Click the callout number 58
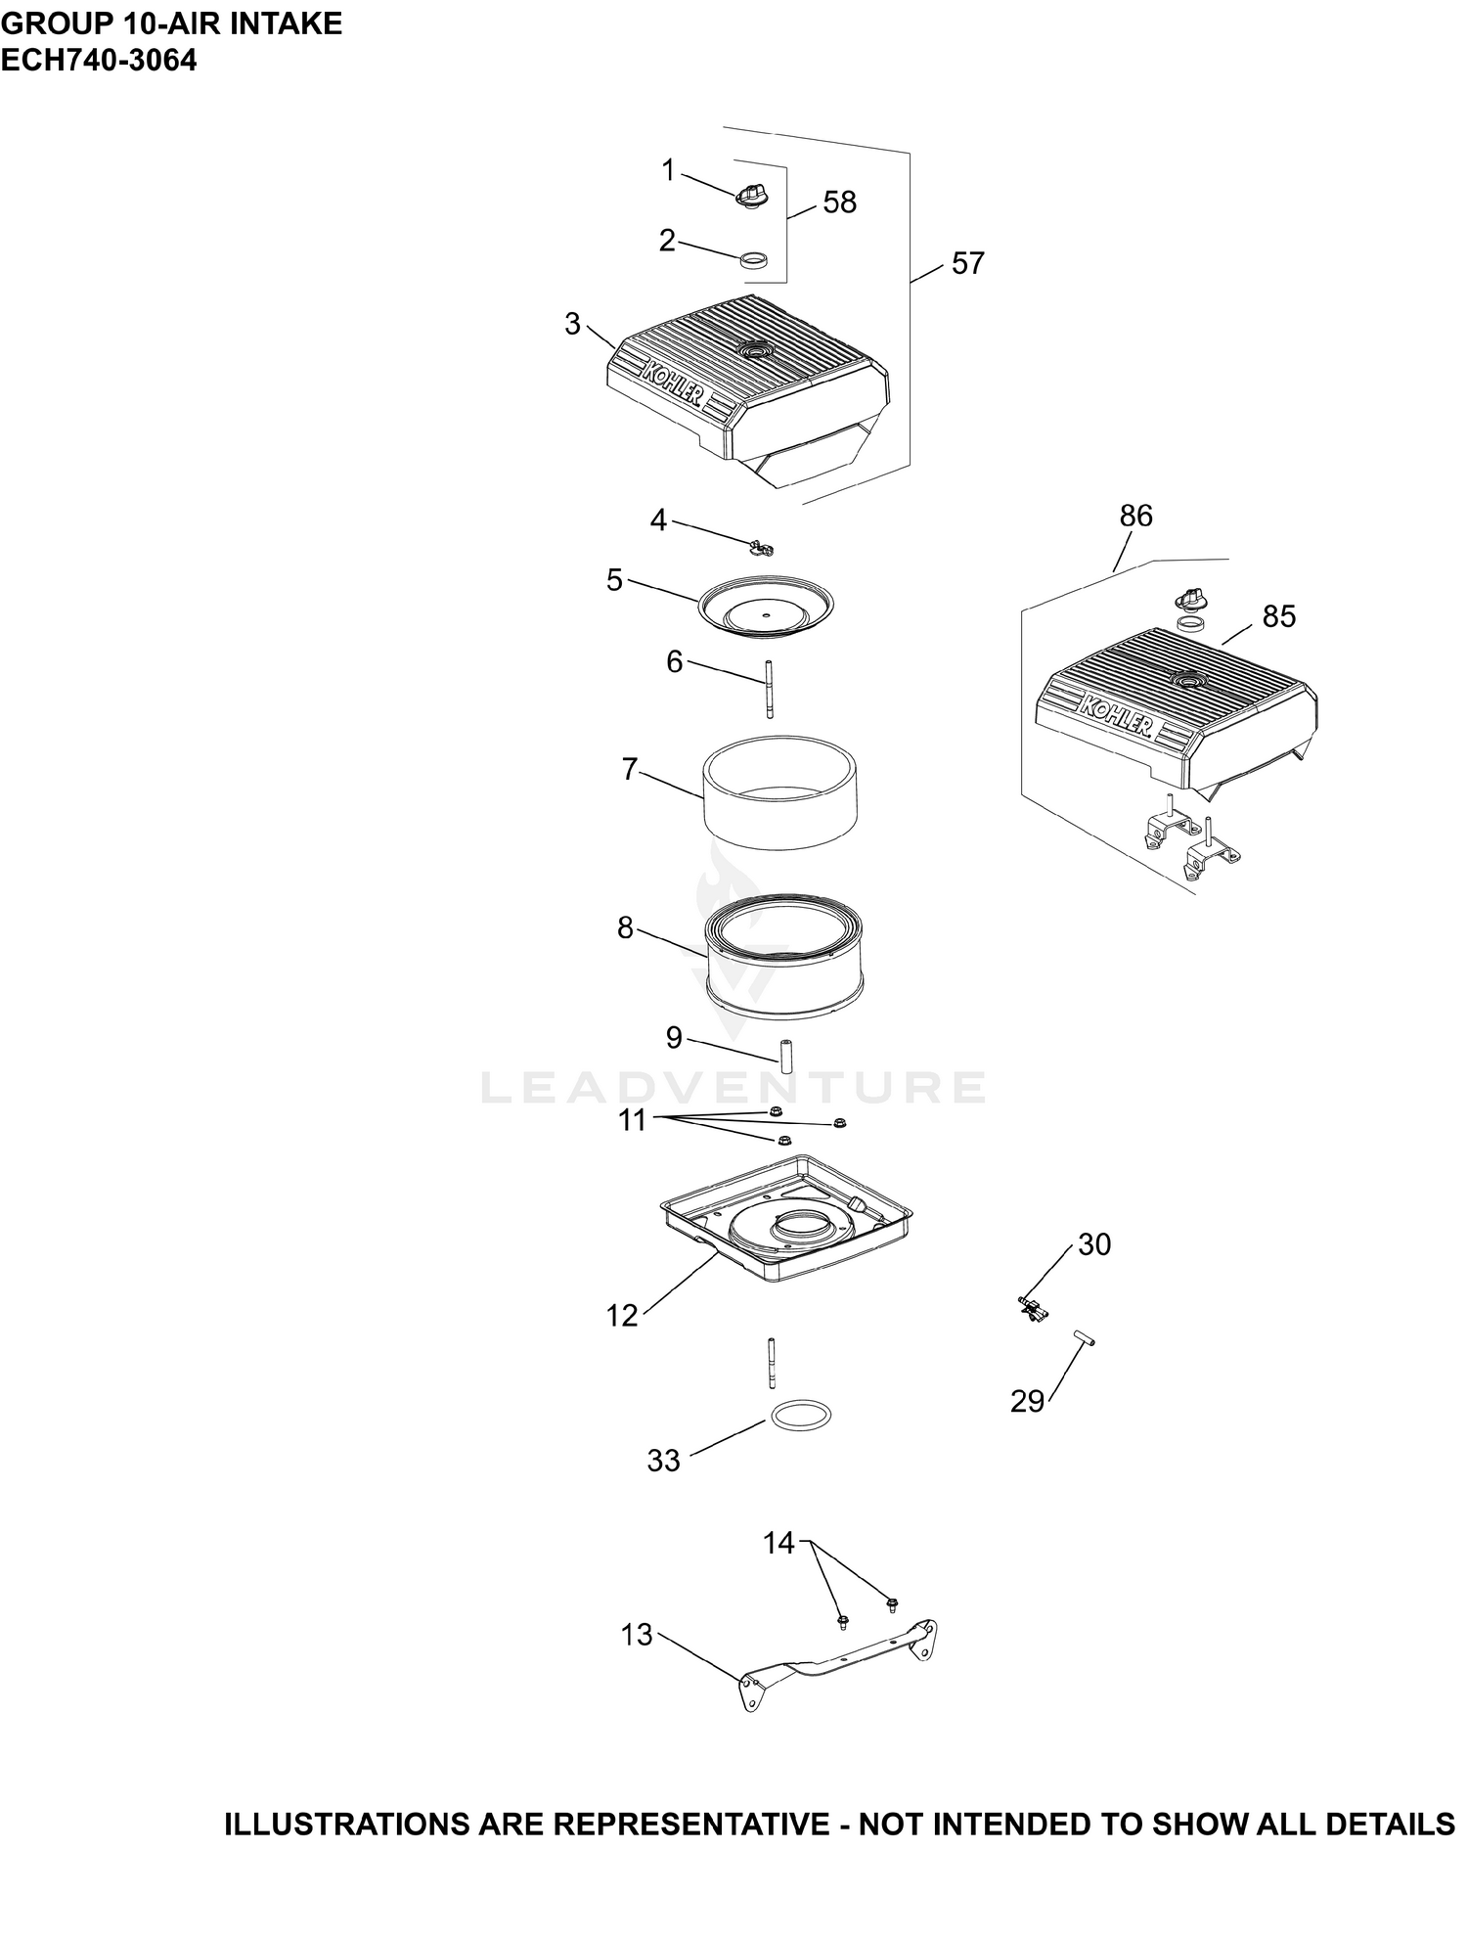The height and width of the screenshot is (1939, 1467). (x=839, y=203)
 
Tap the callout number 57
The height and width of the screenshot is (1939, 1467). (x=967, y=263)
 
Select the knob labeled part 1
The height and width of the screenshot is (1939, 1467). (x=751, y=195)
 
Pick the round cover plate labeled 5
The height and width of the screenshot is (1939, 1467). (x=766, y=609)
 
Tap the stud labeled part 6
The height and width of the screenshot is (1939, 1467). (x=770, y=690)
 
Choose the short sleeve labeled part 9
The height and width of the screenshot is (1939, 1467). (x=784, y=1059)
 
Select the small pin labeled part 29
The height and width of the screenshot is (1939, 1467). (x=1084, y=1337)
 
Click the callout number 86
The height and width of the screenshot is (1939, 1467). (x=1136, y=516)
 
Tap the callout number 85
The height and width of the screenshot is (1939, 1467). (x=1279, y=616)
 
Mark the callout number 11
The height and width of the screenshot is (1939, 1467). (x=633, y=1120)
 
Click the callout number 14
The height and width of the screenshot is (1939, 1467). (x=779, y=1544)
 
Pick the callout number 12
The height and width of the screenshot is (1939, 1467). (x=622, y=1316)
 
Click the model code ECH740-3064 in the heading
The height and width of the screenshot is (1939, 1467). (x=99, y=61)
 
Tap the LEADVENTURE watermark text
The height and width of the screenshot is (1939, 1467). (x=733, y=1088)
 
